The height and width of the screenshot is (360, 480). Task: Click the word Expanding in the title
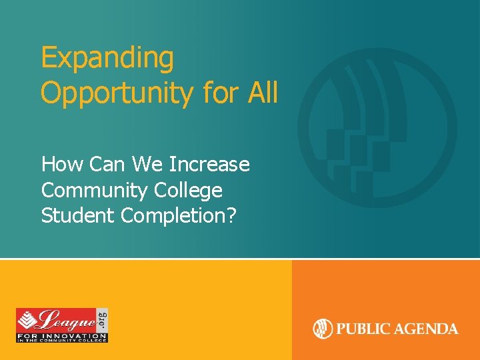coord(107,58)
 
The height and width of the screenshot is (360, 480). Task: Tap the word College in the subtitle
coord(188,190)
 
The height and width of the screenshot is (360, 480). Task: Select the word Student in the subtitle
coord(77,216)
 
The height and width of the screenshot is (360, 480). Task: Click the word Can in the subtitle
coord(107,164)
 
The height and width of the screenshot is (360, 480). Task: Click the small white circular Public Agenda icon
coord(323,329)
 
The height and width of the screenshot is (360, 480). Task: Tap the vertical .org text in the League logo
coord(102,318)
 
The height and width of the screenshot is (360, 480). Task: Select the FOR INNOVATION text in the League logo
coord(61,333)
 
